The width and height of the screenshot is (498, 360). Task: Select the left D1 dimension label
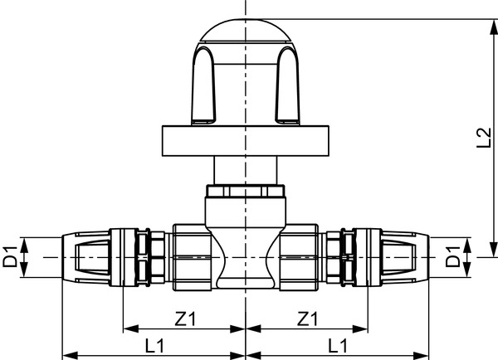click(x=10, y=256)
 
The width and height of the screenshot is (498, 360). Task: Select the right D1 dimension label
click(x=454, y=256)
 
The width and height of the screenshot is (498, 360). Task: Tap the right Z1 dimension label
click(x=308, y=319)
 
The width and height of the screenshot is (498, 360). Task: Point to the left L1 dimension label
click(x=154, y=343)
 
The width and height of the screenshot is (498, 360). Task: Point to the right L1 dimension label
click(x=338, y=343)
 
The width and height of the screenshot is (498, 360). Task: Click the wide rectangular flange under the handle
click(x=247, y=140)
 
